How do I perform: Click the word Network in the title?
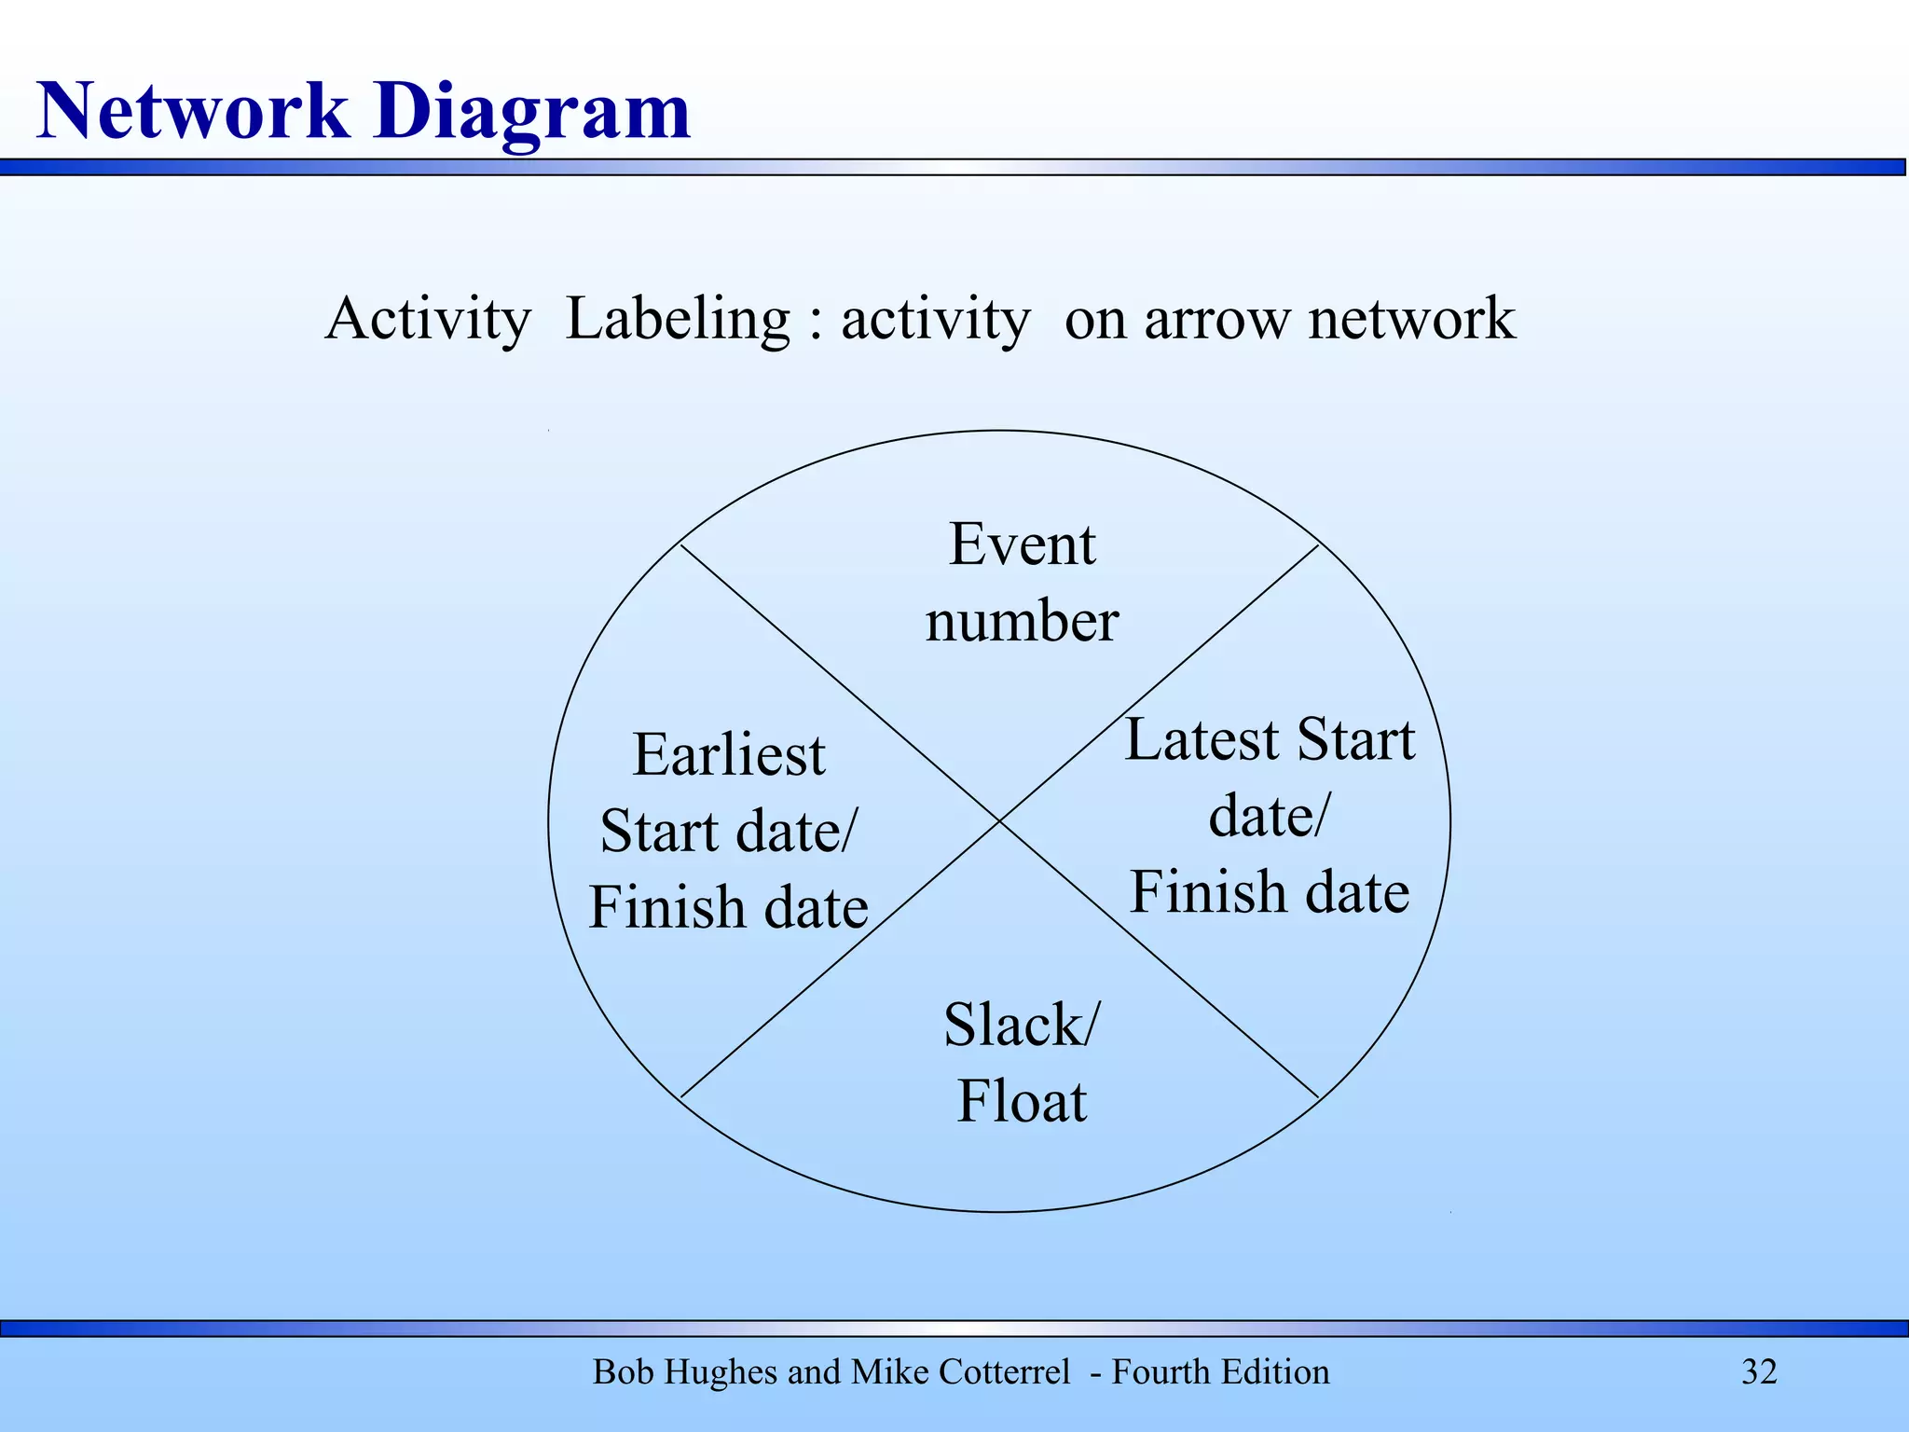192,112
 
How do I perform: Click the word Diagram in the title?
533,114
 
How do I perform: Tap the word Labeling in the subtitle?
679,320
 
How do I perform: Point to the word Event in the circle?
1022,544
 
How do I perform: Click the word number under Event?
1022,622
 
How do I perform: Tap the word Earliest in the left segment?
729,754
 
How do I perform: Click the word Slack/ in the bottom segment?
1022,1025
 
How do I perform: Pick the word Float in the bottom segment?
1022,1101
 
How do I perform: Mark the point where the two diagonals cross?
999,821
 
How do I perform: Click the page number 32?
1759,1372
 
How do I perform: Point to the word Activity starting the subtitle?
428,320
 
